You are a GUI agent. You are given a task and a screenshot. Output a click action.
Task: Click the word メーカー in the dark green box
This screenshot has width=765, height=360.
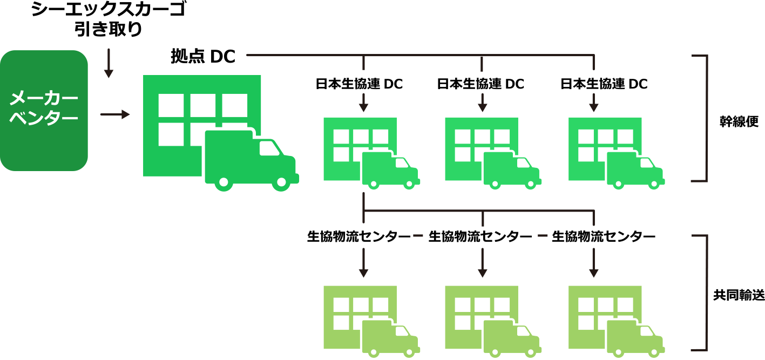pos(44,99)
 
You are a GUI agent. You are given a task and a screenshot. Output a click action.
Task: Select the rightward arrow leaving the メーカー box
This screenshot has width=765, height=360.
pos(115,114)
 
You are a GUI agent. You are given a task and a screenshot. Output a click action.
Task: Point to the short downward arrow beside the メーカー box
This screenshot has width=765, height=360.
pos(109,63)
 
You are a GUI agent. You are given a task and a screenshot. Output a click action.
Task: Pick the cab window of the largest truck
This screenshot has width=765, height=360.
pos(270,147)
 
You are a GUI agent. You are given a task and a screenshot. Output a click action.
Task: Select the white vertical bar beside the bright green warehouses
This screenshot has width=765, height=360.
pos(699,118)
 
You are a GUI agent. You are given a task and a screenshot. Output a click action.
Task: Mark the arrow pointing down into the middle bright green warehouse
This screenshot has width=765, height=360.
pos(482,102)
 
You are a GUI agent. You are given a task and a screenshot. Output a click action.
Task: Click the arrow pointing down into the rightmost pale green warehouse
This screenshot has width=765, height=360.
pos(594,263)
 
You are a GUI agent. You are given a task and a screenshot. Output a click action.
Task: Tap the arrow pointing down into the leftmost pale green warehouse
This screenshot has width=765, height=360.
pos(363,263)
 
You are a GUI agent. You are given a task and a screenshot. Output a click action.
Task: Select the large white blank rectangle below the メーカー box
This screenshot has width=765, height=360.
pos(99,275)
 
